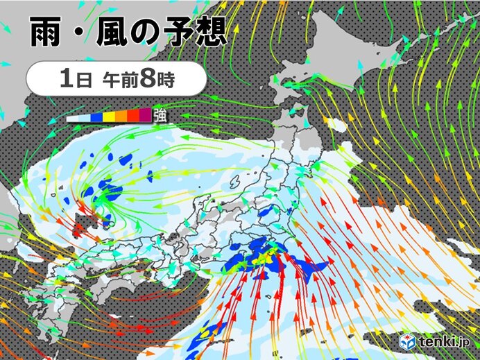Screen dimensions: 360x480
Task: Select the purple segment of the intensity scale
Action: click(x=145, y=115)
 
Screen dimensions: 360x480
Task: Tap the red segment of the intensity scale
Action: click(x=133, y=115)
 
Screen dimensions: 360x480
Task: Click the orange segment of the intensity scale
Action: click(x=121, y=115)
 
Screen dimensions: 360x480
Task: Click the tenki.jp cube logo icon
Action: click(x=408, y=342)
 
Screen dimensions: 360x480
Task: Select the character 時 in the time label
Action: click(x=166, y=78)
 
